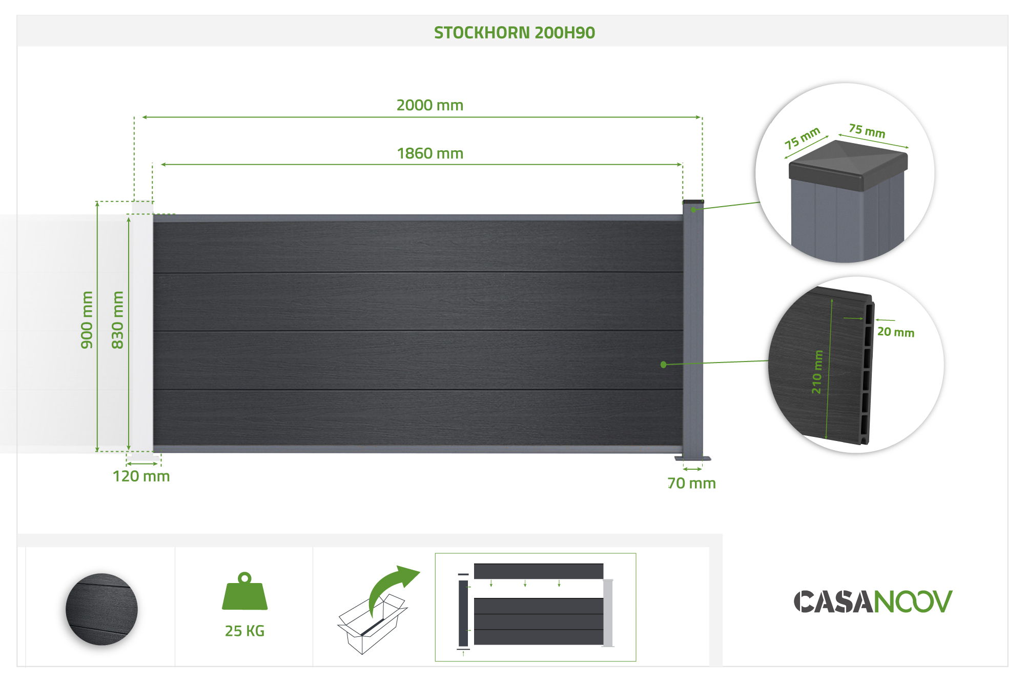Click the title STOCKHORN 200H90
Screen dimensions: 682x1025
click(x=514, y=33)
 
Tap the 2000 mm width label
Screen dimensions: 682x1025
click(x=429, y=105)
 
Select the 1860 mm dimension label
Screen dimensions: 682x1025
click(x=430, y=153)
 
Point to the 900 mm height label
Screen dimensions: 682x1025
click(x=87, y=320)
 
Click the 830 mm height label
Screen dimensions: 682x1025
click(x=118, y=320)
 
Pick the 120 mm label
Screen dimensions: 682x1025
click(x=141, y=476)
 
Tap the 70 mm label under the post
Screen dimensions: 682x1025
click(x=691, y=483)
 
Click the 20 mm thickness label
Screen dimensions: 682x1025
click(x=895, y=332)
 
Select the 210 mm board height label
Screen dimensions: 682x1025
click(x=817, y=372)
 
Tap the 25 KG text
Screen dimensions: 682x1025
click(x=244, y=631)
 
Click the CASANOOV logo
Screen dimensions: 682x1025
click(x=873, y=601)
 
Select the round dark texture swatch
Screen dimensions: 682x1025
click(x=101, y=609)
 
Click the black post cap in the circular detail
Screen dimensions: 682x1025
click(x=848, y=164)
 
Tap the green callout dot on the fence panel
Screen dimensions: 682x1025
click(x=664, y=365)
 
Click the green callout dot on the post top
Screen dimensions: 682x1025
click(x=693, y=210)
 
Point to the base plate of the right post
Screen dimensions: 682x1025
click(x=693, y=458)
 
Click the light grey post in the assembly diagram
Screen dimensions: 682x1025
click(x=608, y=613)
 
